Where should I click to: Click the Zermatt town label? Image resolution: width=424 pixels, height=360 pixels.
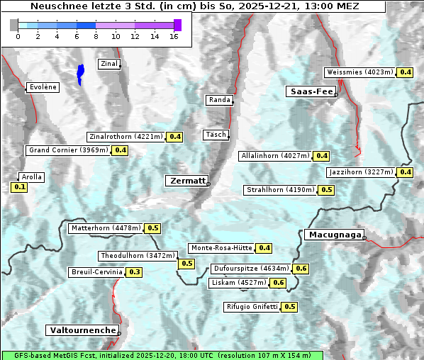[187, 181]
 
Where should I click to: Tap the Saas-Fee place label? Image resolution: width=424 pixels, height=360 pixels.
[311, 91]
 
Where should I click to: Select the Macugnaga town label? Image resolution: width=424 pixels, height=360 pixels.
[333, 235]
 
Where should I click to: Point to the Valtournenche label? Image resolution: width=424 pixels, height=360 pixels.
[82, 330]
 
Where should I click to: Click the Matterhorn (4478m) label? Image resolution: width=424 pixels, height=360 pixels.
[106, 228]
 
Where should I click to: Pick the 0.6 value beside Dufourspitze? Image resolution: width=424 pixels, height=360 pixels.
[301, 269]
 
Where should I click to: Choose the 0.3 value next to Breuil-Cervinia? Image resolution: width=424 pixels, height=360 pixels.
[134, 272]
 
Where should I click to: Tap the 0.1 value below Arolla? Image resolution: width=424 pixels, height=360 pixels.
[19, 187]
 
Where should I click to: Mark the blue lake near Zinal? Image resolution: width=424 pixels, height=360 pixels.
[80, 73]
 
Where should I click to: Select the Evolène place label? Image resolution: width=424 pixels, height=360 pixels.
[42, 87]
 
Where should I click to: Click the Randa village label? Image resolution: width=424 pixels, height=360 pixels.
[219, 100]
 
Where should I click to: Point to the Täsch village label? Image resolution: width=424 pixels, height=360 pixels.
[215, 135]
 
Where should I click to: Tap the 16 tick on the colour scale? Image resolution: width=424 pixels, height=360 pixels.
[173, 36]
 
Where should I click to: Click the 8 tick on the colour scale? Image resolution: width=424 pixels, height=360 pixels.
[96, 36]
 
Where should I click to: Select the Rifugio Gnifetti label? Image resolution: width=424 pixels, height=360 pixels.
[252, 307]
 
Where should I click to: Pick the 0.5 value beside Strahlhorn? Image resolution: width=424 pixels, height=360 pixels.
[326, 190]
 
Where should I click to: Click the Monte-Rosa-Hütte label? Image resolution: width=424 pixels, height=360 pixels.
[221, 248]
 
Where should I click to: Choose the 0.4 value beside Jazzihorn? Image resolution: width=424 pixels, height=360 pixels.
[405, 172]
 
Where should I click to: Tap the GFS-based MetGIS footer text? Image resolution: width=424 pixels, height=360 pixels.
[162, 355]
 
